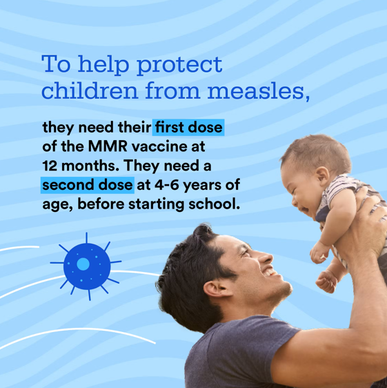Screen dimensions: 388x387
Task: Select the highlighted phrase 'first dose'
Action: [188, 128]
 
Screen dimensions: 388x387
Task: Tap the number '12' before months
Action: [52, 167]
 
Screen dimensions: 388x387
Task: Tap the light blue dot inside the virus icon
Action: [83, 264]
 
